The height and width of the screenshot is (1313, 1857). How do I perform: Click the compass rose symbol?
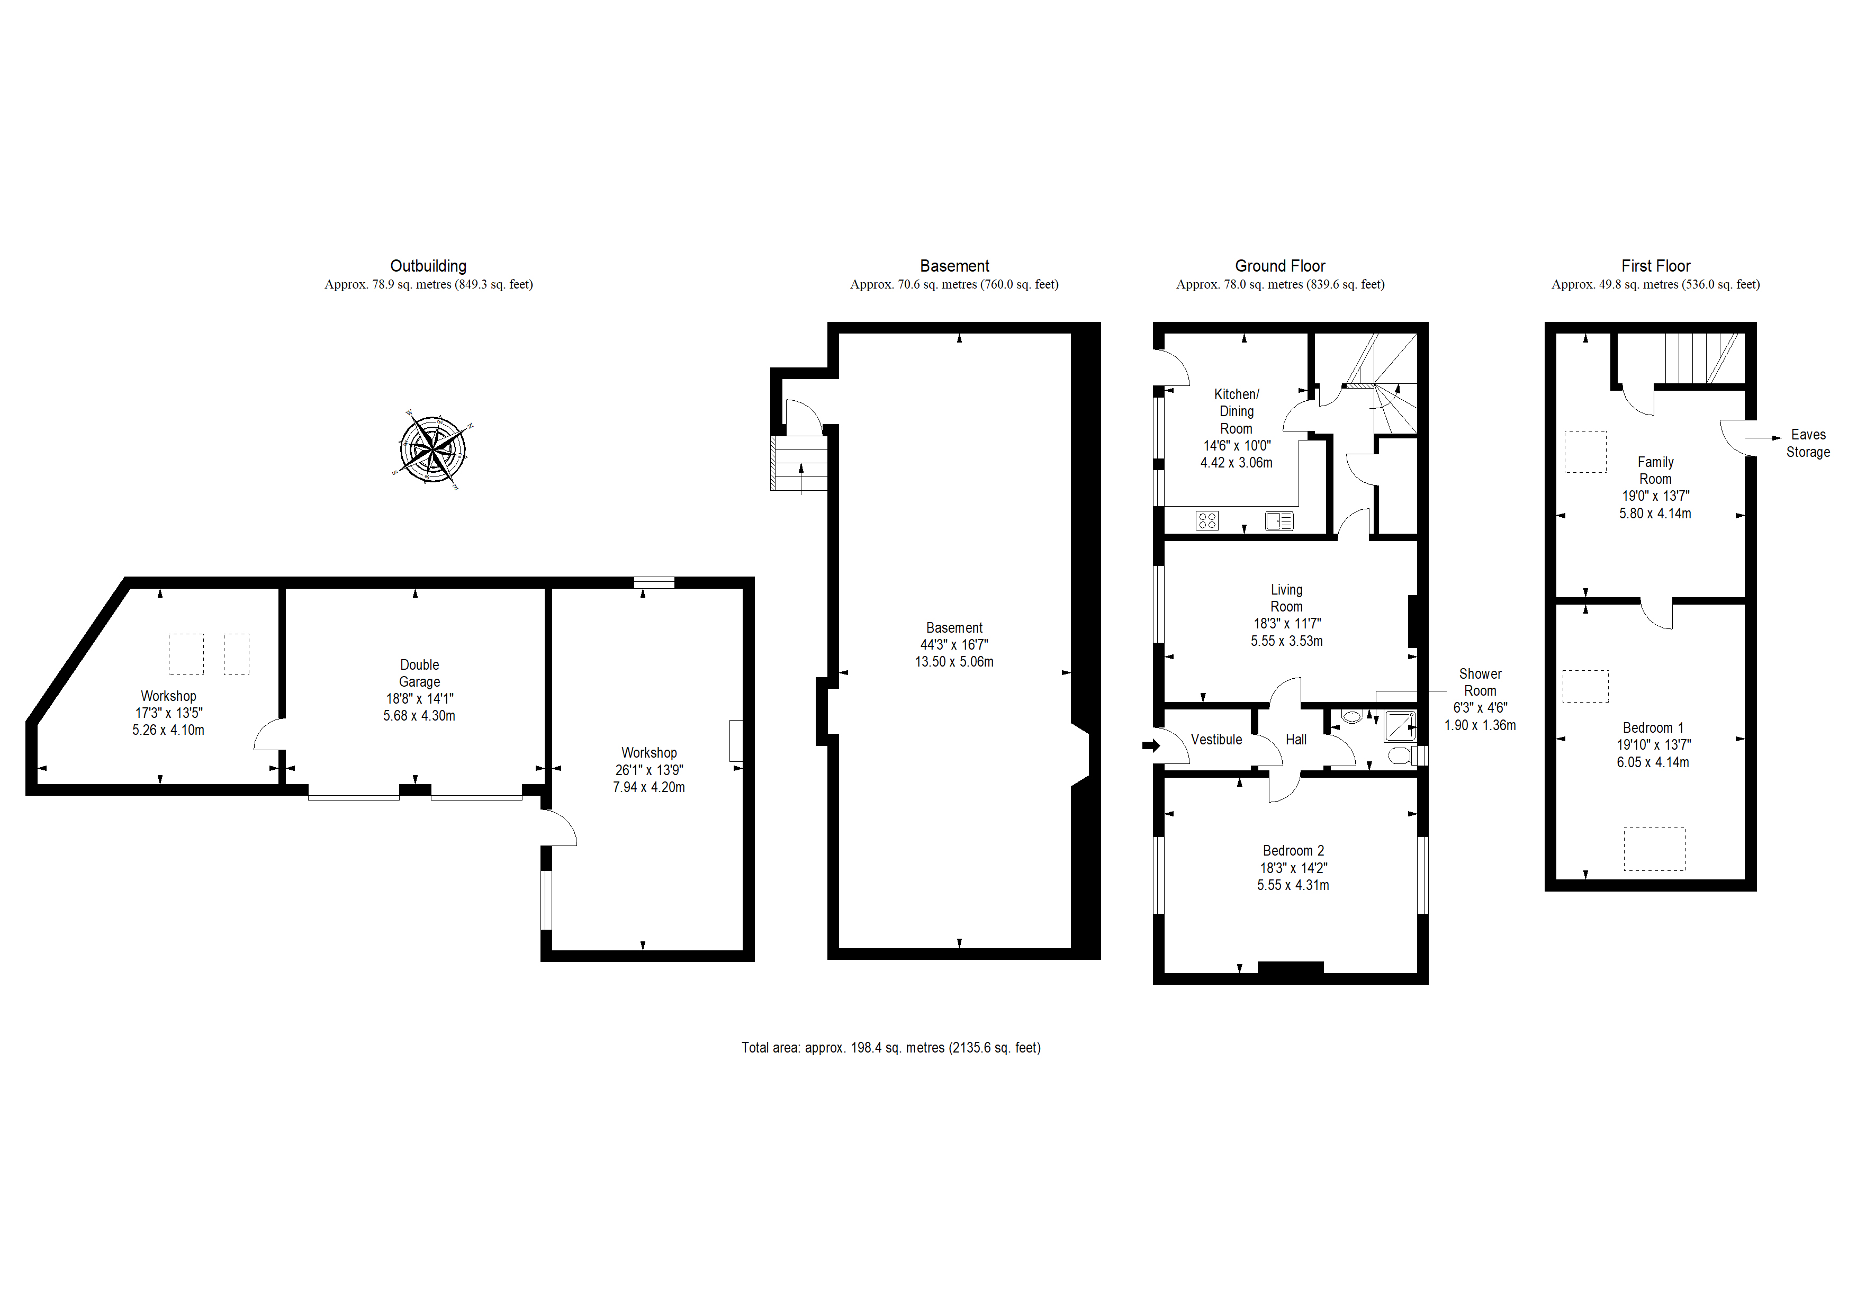coord(432,449)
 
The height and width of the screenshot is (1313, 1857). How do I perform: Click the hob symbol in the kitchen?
coord(1207,521)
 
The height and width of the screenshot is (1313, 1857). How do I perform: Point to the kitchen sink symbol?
coord(1279,521)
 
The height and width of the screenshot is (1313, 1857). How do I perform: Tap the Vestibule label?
coord(1216,740)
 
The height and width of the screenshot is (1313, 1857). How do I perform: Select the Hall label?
coord(1296,740)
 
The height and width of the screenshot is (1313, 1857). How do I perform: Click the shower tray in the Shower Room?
coord(1400,726)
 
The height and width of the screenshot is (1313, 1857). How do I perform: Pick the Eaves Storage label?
coord(1808,443)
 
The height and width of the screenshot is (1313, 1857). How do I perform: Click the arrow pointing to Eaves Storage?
coord(1763,438)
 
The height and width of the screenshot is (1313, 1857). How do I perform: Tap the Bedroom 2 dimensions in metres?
coord(1293,885)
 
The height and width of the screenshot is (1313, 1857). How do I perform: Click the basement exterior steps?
coord(798,464)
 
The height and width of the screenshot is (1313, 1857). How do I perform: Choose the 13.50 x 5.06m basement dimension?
coord(954,662)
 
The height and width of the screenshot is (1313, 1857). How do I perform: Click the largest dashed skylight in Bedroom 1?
coord(1655,849)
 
